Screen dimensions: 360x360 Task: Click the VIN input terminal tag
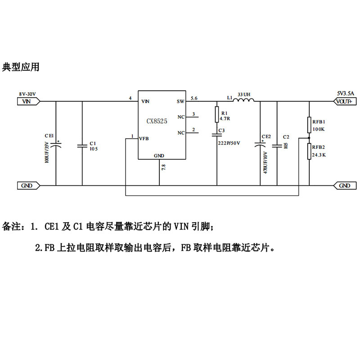pyautogui.click(x=28, y=102)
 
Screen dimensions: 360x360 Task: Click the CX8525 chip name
pyautogui.click(x=156, y=121)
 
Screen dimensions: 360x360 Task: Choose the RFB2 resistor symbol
pyautogui.click(x=310, y=151)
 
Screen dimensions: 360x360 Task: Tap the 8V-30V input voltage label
pyautogui.click(x=27, y=94)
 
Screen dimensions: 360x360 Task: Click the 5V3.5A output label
pyautogui.click(x=345, y=93)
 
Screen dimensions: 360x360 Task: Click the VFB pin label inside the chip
pyautogui.click(x=144, y=138)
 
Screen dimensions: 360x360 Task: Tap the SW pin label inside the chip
pyautogui.click(x=181, y=102)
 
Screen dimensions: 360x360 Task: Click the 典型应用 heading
pyautogui.click(x=21, y=67)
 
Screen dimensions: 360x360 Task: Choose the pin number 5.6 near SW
pyautogui.click(x=194, y=98)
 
